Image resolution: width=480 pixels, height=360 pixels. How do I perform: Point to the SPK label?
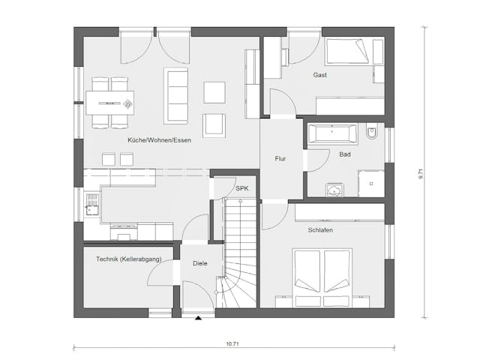pos(241,189)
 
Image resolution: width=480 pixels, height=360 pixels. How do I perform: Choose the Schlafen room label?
pos(320,231)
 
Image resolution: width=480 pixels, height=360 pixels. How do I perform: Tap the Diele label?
pos(199,264)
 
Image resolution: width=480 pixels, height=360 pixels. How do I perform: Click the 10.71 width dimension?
pos(233,343)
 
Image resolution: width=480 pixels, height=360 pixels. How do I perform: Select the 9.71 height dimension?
pos(421,172)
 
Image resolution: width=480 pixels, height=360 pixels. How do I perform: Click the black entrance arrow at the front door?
pos(199,319)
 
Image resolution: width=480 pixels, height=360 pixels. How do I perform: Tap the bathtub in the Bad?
pos(334,134)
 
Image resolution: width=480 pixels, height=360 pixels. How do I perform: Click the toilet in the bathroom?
pos(372,133)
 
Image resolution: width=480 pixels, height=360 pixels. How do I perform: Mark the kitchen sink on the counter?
pos(92,202)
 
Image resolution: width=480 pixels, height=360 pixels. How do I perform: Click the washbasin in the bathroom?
pos(333,190)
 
